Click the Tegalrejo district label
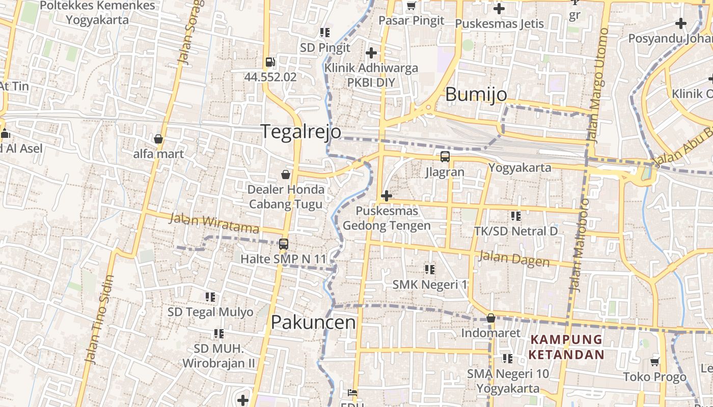click(x=301, y=131)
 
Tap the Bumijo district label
click(x=476, y=95)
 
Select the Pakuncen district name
click(x=313, y=322)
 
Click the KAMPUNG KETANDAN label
click(x=566, y=347)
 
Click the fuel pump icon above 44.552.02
click(x=270, y=63)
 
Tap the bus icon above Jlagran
click(x=445, y=157)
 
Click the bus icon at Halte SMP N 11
click(x=284, y=244)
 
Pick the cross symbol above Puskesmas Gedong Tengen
click(x=387, y=195)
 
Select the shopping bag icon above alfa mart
click(x=158, y=138)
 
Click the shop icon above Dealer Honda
click(x=286, y=175)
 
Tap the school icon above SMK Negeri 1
click(x=429, y=269)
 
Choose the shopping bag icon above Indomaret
click(x=491, y=318)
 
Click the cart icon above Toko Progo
click(x=655, y=362)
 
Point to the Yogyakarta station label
click(x=519, y=167)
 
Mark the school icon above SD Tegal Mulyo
click(x=210, y=297)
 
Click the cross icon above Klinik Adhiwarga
click(x=371, y=52)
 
